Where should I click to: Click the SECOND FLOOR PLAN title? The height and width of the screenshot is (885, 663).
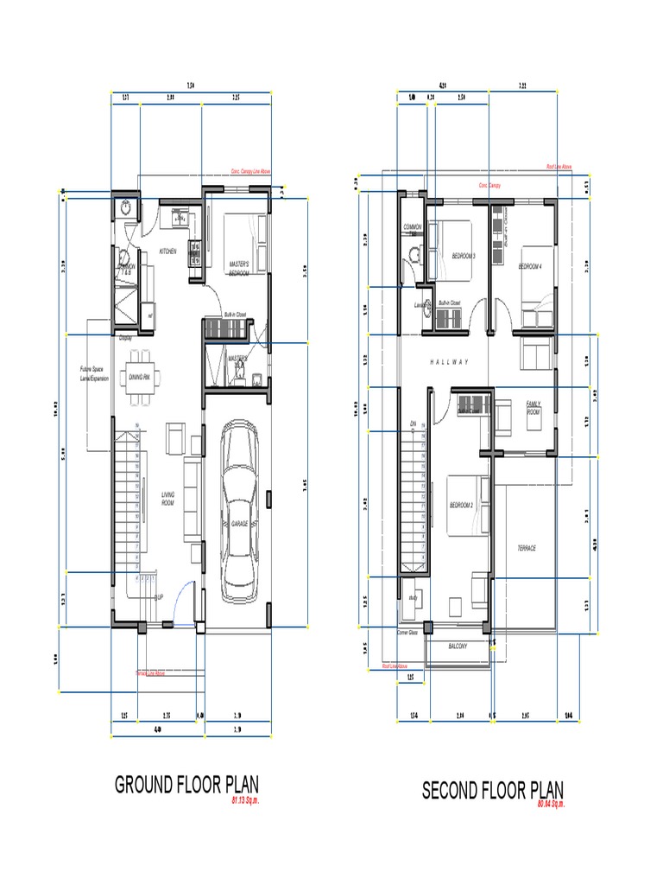click(492, 790)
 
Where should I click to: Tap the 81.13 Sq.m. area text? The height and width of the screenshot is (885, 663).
click(245, 801)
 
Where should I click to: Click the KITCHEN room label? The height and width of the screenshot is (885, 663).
click(167, 251)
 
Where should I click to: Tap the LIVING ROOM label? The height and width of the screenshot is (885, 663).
click(167, 499)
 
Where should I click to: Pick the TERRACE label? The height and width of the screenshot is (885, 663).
click(527, 549)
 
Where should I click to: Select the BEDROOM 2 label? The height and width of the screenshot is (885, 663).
click(460, 505)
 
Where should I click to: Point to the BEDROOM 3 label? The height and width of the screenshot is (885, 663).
click(464, 256)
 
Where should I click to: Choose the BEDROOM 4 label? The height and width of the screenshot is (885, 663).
click(529, 267)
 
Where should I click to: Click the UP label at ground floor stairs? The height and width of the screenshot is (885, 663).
click(160, 597)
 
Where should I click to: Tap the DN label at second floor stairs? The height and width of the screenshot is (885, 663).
click(413, 423)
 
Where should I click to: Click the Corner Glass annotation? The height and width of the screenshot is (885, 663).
click(407, 633)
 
